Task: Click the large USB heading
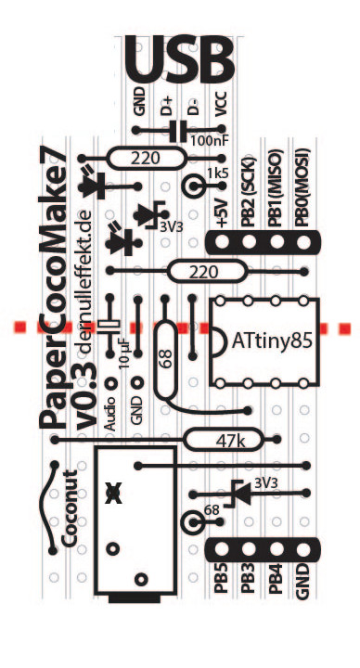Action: pos(179,60)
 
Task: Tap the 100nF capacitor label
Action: pos(209,140)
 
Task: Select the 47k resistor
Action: pos(224,439)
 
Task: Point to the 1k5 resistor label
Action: pos(218,173)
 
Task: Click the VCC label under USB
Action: pos(221,104)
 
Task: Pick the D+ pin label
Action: pos(167,106)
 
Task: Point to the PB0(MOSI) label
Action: pos(302,187)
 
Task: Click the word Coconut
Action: pos(70,508)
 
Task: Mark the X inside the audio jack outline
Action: pos(113,494)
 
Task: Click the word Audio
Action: pos(110,413)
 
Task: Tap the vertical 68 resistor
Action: pos(166,360)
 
